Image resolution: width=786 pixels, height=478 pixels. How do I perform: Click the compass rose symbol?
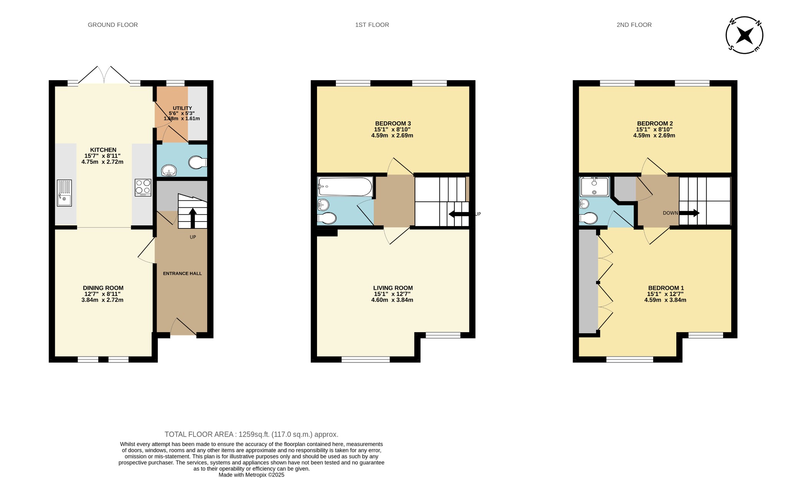click(744, 35)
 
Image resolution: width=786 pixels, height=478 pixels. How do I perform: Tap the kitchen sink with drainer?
click(64, 193)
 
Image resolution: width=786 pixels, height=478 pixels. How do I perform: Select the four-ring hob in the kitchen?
click(143, 188)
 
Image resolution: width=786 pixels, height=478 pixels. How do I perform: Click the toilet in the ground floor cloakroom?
click(197, 162)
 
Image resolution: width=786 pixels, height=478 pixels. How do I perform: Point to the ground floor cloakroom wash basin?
click(168, 170)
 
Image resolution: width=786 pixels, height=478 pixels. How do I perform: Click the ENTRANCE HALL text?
click(182, 274)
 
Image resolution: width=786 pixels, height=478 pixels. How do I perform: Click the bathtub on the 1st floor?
click(345, 187)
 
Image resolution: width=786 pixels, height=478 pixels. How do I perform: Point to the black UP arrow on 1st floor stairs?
click(459, 214)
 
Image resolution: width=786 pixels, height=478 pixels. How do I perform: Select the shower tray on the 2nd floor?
click(594, 187)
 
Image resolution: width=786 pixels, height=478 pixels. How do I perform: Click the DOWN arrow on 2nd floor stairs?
click(690, 213)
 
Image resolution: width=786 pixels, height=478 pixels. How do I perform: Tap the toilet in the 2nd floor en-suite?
click(588, 218)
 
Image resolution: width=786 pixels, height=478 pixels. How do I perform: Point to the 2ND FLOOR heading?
click(634, 25)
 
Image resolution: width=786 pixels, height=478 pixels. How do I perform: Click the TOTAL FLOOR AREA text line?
click(251, 434)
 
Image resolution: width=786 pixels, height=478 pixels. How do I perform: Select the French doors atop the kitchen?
click(104, 75)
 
